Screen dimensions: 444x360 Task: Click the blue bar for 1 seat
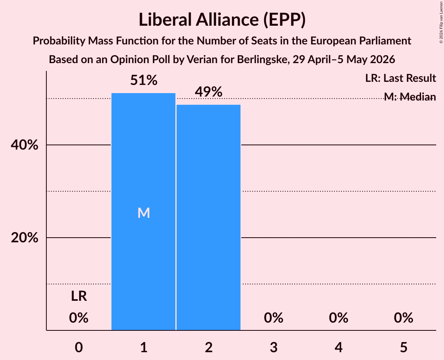tap(143, 212)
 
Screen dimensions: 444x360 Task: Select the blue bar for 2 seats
tap(209, 217)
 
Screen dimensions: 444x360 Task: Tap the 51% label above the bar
tap(143, 80)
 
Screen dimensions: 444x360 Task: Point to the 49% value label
tap(209, 92)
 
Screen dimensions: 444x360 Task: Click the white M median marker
tap(143, 213)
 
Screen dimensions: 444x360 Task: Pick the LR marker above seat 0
tap(79, 296)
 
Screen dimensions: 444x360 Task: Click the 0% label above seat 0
tap(79, 318)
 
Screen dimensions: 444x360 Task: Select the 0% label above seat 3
tap(274, 318)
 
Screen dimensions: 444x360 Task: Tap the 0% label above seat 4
tap(339, 318)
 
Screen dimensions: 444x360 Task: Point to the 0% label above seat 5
tap(403, 318)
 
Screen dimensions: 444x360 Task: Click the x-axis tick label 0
tap(79, 347)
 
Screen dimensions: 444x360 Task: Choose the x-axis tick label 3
tap(274, 347)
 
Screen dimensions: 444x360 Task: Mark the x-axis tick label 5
tap(403, 347)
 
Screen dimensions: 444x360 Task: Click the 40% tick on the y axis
tap(25, 145)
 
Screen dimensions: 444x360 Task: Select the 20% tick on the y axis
tap(25, 238)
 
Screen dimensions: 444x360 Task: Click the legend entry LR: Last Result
tap(400, 78)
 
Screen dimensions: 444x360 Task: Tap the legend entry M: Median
tap(410, 97)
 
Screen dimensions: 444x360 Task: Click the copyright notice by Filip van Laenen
tap(441, 22)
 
